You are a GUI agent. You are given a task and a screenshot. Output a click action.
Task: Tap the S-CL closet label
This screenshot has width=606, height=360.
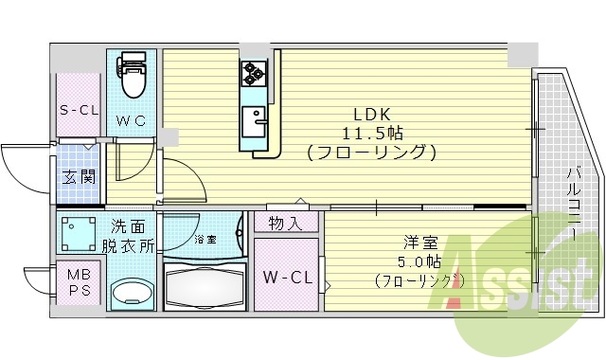tap(80, 110)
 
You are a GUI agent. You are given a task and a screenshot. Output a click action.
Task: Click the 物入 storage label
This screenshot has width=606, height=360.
tap(286, 224)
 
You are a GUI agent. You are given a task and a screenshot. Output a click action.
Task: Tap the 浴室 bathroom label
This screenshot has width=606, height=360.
tap(205, 240)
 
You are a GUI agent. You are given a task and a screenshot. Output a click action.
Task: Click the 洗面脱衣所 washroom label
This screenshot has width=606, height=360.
tap(133, 236)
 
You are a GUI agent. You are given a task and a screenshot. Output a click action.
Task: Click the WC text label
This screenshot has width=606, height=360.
tap(131, 120)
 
